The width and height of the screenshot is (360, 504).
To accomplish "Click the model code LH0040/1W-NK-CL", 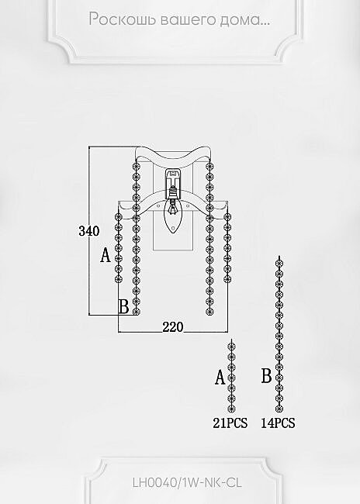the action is [x=187, y=482].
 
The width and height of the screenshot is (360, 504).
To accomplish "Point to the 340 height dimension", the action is [x=89, y=231].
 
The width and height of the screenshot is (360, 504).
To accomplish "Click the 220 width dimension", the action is [x=173, y=327].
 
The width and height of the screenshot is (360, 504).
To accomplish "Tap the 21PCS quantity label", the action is [x=230, y=423].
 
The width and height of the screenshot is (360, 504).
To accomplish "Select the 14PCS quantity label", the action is [x=278, y=423].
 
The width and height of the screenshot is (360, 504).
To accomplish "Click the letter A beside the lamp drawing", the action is [x=106, y=256].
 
